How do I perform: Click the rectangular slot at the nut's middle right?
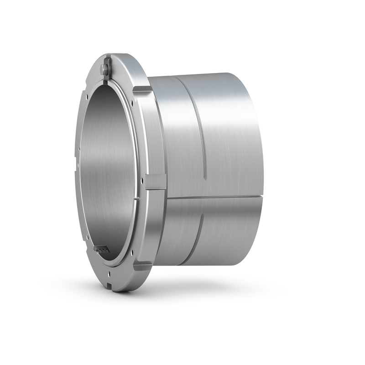[156, 181]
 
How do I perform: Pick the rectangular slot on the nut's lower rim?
[141, 266]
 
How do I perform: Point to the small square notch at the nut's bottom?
[111, 287]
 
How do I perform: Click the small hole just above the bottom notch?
[110, 275]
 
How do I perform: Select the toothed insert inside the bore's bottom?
[101, 249]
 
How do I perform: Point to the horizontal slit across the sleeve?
[214, 197]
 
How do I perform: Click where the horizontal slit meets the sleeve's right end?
[261, 197]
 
